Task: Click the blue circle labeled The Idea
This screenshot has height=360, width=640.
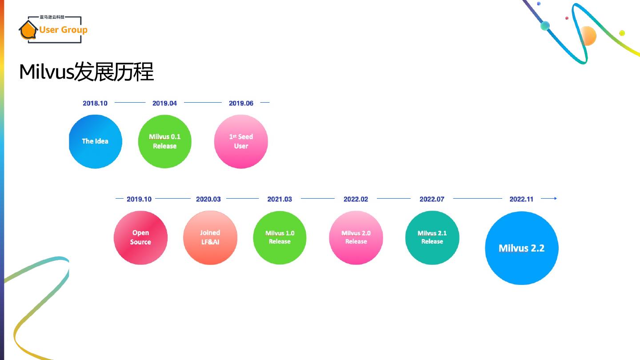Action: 95,141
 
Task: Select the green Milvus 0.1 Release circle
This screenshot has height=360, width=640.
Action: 164,141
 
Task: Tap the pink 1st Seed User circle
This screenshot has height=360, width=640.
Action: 241,141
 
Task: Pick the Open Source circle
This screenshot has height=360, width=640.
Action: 140,237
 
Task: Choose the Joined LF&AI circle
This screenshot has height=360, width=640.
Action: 210,237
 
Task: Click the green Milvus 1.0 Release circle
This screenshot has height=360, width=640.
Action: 280,237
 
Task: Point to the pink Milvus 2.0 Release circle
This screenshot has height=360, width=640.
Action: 356,237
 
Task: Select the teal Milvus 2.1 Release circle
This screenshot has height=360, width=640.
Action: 432,237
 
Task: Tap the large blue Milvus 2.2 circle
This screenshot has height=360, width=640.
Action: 521,248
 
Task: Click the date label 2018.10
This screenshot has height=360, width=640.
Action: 95,103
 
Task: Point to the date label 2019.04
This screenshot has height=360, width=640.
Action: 164,103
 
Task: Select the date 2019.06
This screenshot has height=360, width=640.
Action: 241,103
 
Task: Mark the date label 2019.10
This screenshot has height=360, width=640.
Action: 139,199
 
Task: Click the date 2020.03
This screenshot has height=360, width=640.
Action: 208,199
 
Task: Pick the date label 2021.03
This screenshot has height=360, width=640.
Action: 280,199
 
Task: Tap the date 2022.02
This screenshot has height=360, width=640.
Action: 356,199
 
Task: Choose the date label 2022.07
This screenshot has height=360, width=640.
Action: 432,199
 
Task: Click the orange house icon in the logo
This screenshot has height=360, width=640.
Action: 28,30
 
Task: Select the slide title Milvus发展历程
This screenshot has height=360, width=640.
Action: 86,72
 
